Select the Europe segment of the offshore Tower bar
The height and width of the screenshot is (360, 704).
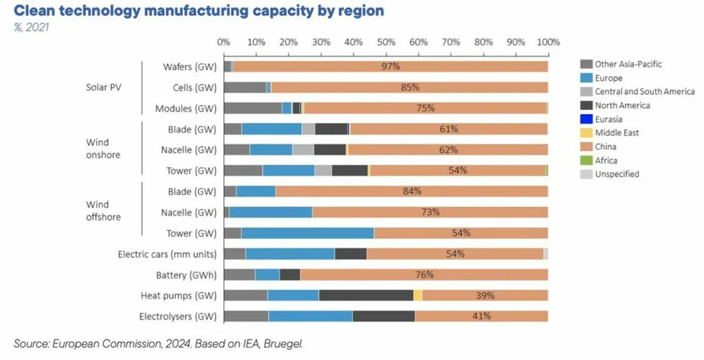308,233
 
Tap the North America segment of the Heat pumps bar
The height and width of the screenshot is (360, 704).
366,295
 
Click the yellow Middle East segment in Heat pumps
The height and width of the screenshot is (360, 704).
417,295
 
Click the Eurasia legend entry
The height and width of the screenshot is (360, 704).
608,119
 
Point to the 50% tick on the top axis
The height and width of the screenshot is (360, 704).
386,42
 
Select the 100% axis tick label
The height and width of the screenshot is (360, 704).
548,42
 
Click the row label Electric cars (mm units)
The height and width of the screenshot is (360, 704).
167,254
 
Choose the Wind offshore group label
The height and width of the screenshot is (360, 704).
103,211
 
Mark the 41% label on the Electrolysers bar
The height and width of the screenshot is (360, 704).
481,316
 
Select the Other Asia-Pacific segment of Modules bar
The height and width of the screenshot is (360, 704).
253,108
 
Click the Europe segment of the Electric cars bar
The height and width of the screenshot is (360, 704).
290,254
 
